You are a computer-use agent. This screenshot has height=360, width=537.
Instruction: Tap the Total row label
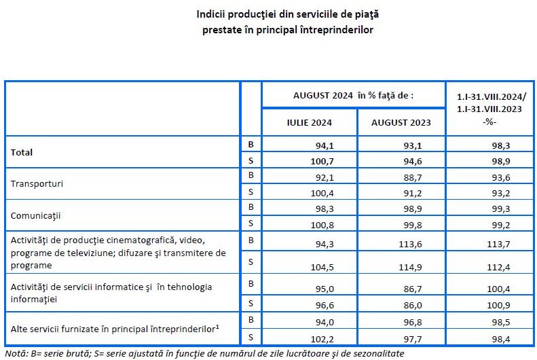22,153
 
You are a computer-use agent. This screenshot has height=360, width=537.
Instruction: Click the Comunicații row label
36,215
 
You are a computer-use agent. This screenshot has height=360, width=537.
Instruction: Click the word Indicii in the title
212,14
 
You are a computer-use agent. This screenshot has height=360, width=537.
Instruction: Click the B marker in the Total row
251,145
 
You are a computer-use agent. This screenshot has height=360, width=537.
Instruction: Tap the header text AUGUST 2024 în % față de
353,96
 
